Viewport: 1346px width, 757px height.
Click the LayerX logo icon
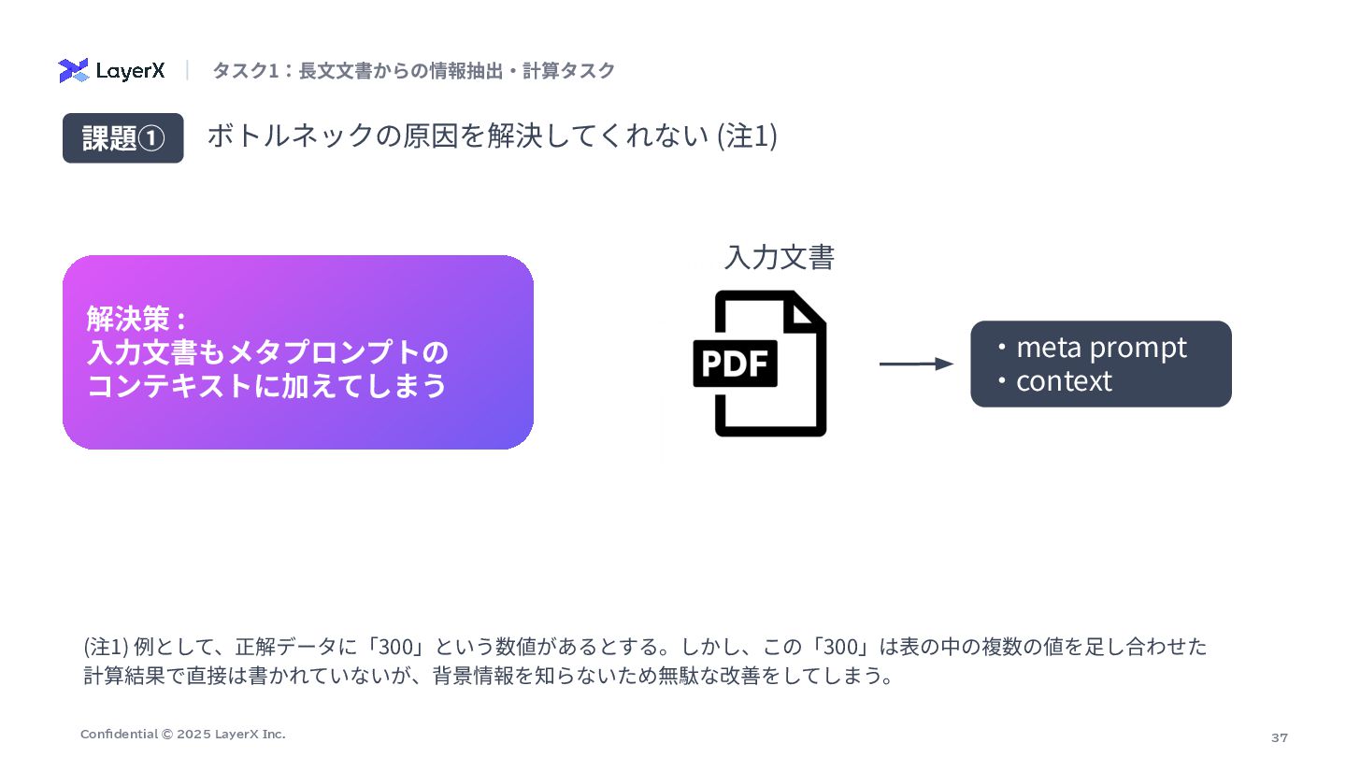point(73,70)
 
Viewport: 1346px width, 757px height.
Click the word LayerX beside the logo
point(131,71)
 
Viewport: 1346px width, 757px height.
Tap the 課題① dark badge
point(122,138)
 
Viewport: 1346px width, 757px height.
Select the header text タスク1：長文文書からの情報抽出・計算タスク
point(413,71)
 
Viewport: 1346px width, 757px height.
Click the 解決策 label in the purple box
point(129,319)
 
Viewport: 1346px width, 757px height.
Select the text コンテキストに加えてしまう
point(266,386)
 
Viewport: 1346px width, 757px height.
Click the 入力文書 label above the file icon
point(779,257)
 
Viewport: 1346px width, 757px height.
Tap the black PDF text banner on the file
point(736,364)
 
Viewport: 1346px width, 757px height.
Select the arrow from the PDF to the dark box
point(916,364)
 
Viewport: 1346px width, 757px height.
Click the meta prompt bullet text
point(1100,347)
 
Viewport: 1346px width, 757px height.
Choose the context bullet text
point(1063,381)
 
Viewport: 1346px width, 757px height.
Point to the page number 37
point(1279,737)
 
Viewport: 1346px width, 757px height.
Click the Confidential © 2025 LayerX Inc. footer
point(182,735)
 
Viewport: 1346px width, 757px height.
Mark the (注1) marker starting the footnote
point(105,647)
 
